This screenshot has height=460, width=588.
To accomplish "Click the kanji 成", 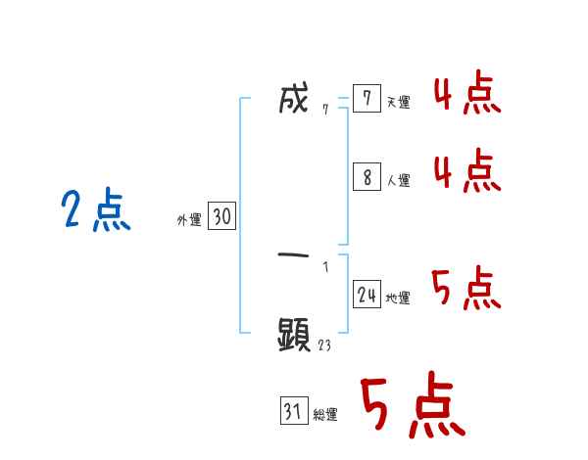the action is [293, 100].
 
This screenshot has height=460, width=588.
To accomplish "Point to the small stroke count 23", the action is [324, 345].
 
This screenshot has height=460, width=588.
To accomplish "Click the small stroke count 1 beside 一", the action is [325, 265].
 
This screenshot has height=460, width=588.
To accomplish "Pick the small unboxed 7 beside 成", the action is [324, 110].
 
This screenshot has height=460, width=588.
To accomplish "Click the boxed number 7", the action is [366, 99].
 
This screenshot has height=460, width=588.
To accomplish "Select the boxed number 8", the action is [366, 177].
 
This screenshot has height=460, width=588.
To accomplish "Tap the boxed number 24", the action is [367, 295].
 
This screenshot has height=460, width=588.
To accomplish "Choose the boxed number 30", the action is [221, 217].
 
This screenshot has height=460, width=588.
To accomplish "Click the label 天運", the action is [398, 103].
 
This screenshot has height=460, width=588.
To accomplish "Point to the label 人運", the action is [398, 181].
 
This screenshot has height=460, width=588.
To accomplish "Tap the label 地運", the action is [398, 299].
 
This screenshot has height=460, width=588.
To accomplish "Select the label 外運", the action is [188, 220].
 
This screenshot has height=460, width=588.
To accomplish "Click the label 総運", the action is [325, 416].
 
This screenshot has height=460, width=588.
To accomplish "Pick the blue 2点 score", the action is [96, 210].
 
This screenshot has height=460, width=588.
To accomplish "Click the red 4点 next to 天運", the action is [466, 95].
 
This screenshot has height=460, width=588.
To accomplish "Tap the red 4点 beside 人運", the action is [466, 171].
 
